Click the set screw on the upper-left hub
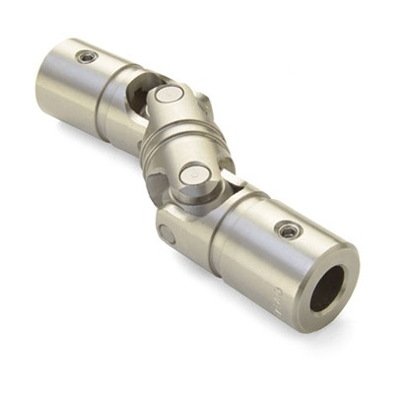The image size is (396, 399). click(x=88, y=57)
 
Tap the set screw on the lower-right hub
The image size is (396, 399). click(x=288, y=232)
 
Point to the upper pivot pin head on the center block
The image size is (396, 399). click(x=170, y=96)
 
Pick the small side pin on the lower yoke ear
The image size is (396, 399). click(x=167, y=234)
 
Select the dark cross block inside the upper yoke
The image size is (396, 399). click(x=144, y=95)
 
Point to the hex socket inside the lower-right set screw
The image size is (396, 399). click(x=288, y=232)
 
